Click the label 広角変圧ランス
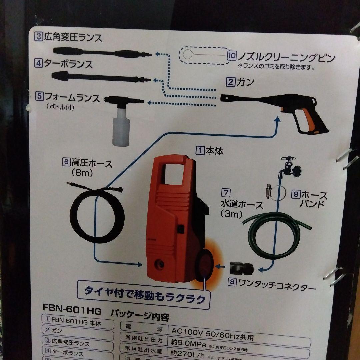tap(73, 37)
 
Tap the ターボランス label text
tap(69, 64)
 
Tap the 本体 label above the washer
tap(214, 151)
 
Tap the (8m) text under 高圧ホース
tap(82, 173)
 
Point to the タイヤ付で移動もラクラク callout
tap(144, 294)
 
